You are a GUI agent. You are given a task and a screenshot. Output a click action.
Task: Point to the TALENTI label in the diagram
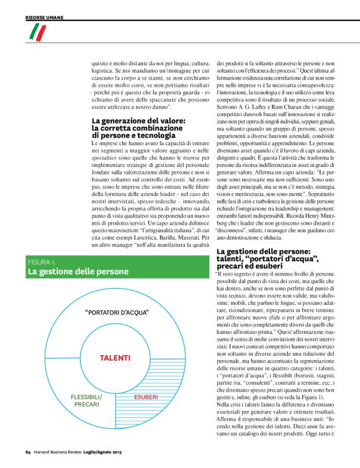click(115, 358)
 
